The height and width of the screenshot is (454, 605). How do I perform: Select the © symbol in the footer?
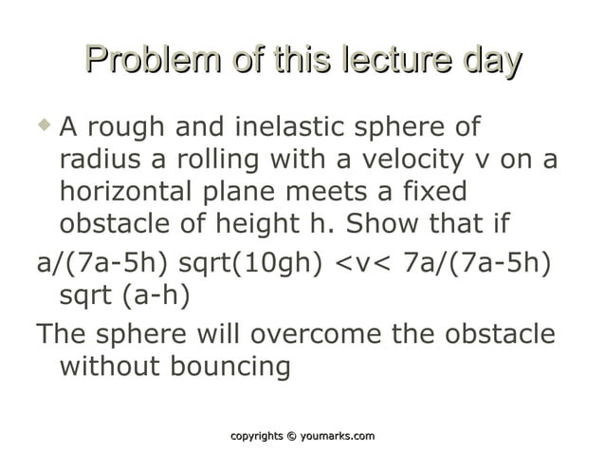(291, 436)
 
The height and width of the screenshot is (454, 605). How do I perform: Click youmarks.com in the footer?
(338, 436)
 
